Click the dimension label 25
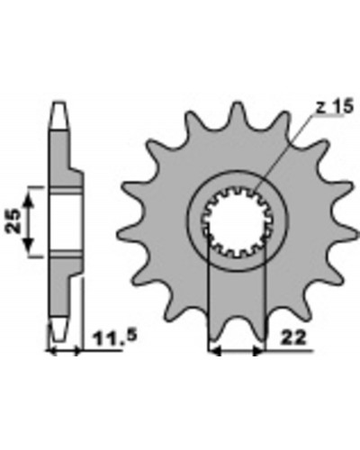pyautogui.click(x=13, y=221)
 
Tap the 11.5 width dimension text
pyautogui.click(x=115, y=337)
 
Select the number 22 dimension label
pyautogui.click(x=293, y=337)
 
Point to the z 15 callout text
pyautogui.click(x=335, y=107)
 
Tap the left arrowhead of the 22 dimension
pyautogui.click(x=215, y=350)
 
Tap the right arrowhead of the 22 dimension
pyautogui.click(x=258, y=350)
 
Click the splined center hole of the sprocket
pyautogui.click(x=237, y=221)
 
